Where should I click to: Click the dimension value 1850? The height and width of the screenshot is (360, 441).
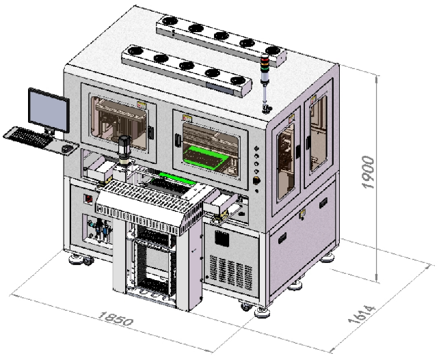coord(116,318)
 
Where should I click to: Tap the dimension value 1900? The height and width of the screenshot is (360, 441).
coord(368,172)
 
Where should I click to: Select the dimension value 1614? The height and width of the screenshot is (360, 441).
coord(362,314)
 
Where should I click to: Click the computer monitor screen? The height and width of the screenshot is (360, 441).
coord(49,111)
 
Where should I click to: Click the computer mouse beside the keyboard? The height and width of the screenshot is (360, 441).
coord(67,149)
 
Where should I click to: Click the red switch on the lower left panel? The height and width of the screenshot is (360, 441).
coord(89,199)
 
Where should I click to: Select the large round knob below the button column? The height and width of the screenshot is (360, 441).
coord(256,181)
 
